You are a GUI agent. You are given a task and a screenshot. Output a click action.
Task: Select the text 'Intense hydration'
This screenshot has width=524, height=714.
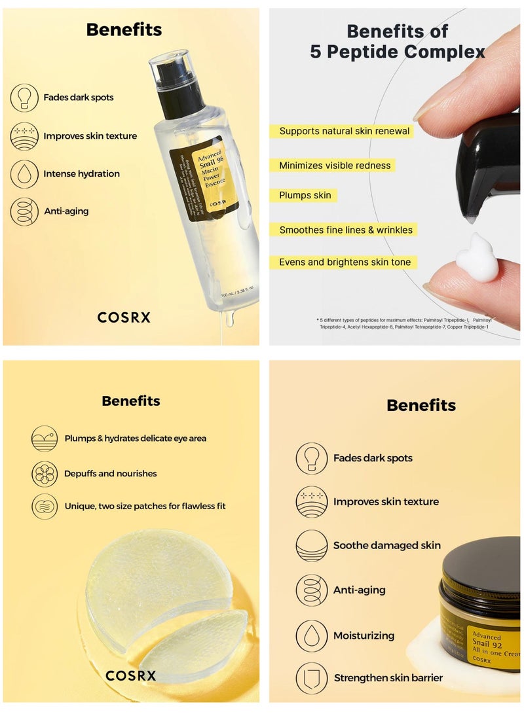pyautogui.click(x=81, y=174)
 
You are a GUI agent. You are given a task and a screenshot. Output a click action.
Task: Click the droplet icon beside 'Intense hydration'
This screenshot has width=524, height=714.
pyautogui.click(x=24, y=174)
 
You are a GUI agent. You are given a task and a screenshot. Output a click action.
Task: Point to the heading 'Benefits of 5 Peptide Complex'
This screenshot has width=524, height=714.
pyautogui.click(x=398, y=41)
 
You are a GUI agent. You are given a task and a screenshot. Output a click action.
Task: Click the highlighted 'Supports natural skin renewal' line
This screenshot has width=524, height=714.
pyautogui.click(x=344, y=132)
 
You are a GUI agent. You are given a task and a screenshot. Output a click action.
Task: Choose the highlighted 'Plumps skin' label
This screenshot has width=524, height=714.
pyautogui.click(x=305, y=196)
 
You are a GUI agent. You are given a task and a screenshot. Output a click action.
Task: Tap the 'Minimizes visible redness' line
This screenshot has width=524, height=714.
pyautogui.click(x=335, y=166)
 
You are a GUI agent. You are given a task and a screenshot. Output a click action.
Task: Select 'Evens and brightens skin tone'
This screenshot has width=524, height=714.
pyautogui.click(x=345, y=262)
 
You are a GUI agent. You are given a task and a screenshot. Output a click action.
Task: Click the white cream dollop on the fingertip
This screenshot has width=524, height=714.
pyautogui.click(x=476, y=259)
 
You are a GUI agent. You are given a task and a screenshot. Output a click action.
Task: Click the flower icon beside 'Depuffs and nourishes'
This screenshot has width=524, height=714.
pyautogui.click(x=45, y=474)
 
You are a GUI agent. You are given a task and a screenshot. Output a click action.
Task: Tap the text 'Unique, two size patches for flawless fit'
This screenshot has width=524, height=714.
pyautogui.click(x=145, y=507)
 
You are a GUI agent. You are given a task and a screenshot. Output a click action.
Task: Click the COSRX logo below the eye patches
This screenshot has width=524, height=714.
pyautogui.click(x=131, y=675)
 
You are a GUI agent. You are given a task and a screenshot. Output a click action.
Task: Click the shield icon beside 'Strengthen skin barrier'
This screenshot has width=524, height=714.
pyautogui.click(x=312, y=678)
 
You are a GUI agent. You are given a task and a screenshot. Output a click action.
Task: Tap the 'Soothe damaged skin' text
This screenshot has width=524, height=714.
pyautogui.click(x=386, y=546)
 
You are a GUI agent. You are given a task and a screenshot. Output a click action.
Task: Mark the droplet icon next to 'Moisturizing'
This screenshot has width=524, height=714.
pyautogui.click(x=312, y=635)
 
